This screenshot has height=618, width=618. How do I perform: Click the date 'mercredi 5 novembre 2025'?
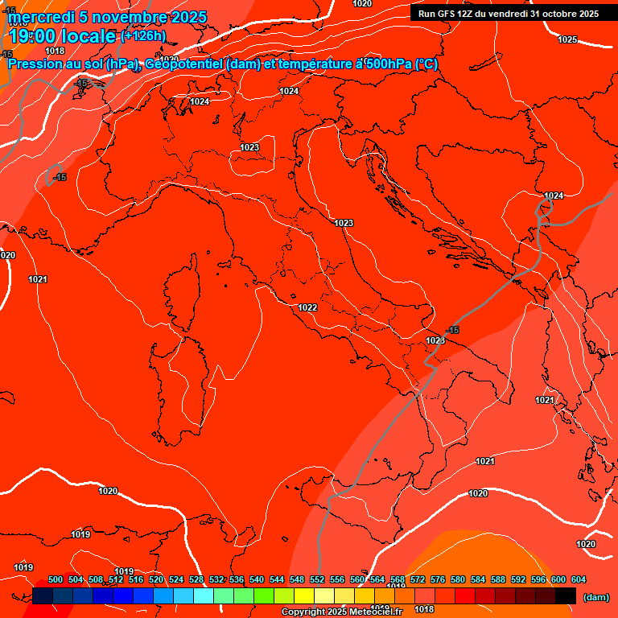click(108, 17)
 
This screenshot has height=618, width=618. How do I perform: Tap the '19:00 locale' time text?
click(61, 36)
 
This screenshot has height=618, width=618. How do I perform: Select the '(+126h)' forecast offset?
click(143, 36)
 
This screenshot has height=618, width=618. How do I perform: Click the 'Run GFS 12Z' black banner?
click(508, 13)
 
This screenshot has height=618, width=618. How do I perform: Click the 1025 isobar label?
click(567, 39)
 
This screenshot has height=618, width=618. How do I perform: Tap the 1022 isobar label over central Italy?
click(307, 307)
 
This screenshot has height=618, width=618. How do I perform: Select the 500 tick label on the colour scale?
click(56, 579)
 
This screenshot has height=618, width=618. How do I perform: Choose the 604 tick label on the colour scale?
click(578, 579)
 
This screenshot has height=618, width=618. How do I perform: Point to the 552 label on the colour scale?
click(317, 579)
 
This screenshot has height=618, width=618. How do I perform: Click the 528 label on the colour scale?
click(196, 579)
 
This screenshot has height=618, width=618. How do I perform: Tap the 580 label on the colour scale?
click(458, 579)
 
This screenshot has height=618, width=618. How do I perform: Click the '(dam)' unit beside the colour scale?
click(595, 597)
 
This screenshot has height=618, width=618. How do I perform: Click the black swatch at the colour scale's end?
click(566, 595)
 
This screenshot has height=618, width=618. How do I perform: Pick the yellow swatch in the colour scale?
click(304, 595)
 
